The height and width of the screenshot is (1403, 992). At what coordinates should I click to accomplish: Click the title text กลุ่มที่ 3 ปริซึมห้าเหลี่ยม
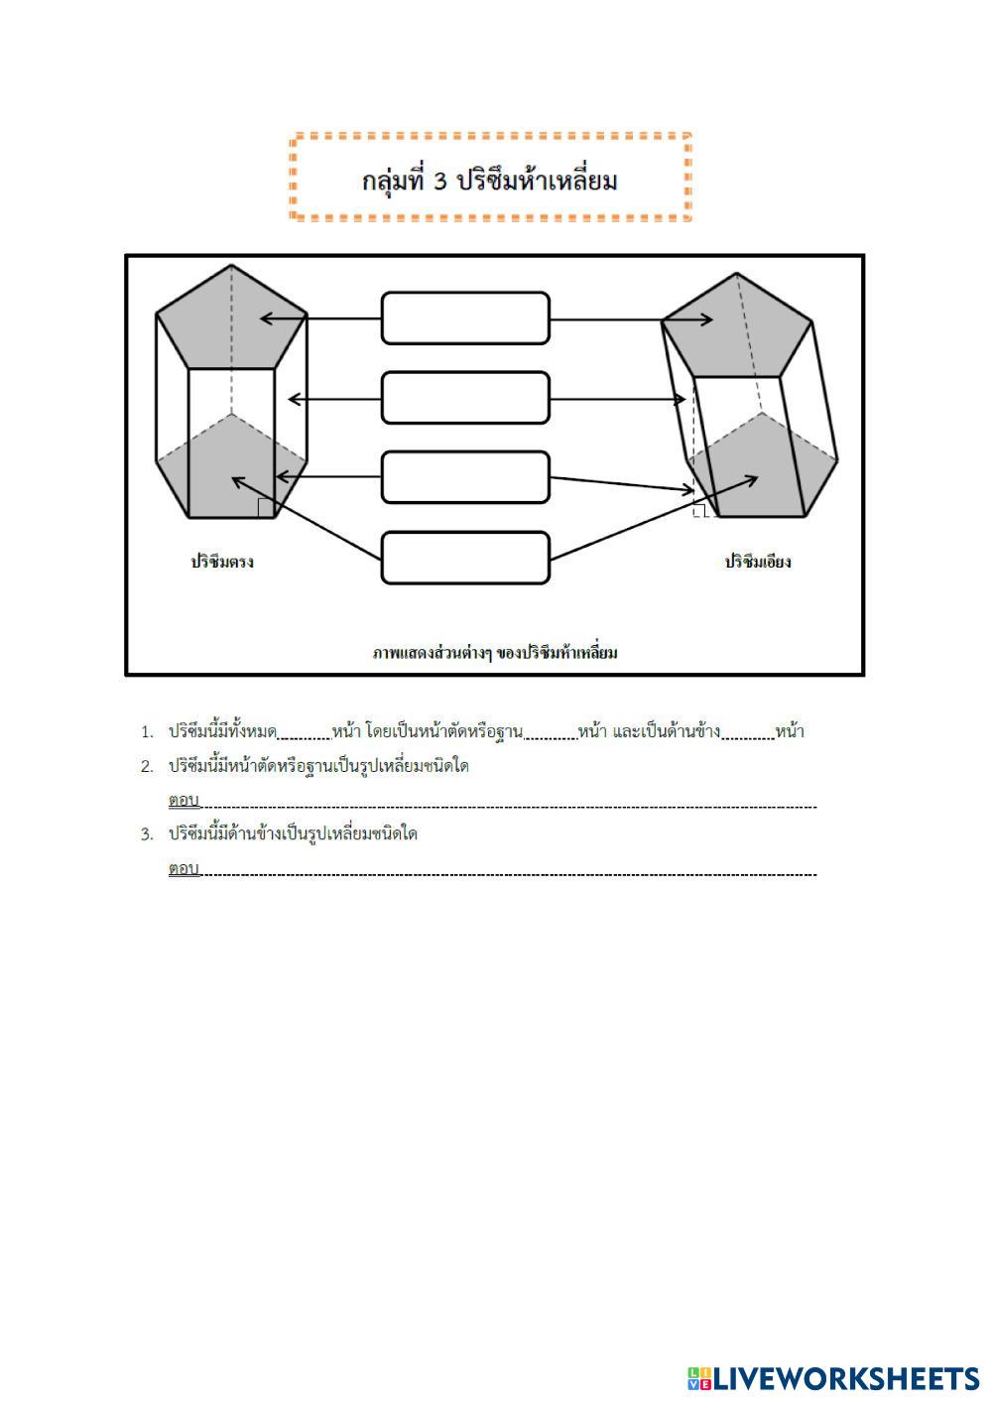pos(490,181)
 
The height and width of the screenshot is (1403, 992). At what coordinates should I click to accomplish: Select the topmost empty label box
pos(465,319)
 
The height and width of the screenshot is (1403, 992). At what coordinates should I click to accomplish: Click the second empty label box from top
pos(465,398)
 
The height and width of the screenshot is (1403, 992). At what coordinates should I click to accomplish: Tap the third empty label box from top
pos(465,477)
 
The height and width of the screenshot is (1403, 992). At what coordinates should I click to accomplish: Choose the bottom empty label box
pos(465,558)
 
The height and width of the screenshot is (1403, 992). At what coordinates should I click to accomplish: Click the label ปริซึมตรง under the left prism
pos(222,562)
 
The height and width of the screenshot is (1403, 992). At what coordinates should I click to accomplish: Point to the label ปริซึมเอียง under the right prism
pos(758,562)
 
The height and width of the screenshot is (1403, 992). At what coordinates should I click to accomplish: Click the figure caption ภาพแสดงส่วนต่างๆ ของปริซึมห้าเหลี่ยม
pos(495,652)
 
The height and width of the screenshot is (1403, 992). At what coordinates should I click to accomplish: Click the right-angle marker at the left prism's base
pos(265,508)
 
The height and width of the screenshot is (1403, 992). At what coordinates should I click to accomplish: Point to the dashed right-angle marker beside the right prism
pos(699,511)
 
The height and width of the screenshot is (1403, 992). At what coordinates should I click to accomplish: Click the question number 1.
pos(147,733)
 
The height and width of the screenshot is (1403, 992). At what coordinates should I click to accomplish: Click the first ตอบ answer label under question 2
pos(184,800)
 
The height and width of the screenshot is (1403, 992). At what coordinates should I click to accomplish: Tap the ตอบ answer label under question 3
pos(184,868)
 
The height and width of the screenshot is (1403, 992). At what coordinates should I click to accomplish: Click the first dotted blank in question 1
pos(304,734)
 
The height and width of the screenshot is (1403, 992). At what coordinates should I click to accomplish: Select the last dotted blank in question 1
pos(748,734)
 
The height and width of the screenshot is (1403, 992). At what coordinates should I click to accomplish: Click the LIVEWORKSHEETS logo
pos(833,1378)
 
